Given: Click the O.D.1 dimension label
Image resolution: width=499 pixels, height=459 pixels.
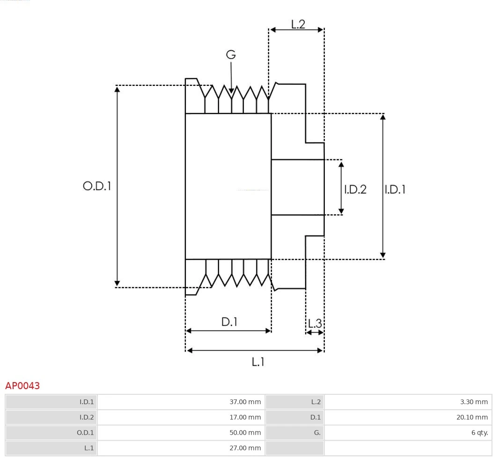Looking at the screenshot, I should click(x=97, y=186).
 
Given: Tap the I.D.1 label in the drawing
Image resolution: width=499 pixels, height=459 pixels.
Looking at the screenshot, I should click(x=395, y=189).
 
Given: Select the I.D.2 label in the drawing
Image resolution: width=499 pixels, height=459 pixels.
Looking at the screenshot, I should click(x=355, y=189).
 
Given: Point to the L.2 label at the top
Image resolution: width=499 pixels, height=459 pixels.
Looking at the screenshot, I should click(x=298, y=24).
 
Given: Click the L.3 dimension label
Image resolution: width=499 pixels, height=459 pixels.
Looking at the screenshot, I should click(x=315, y=323).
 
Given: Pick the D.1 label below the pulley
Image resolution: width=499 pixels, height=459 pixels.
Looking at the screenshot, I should click(x=229, y=322).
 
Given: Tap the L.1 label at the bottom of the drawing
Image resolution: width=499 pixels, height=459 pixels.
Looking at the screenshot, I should click(x=258, y=361).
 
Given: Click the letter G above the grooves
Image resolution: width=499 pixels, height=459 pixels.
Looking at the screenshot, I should click(x=231, y=55).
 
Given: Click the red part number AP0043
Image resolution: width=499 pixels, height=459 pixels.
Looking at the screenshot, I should click(x=22, y=386).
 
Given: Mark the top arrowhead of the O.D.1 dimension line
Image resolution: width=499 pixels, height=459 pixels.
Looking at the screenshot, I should click(x=117, y=89).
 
